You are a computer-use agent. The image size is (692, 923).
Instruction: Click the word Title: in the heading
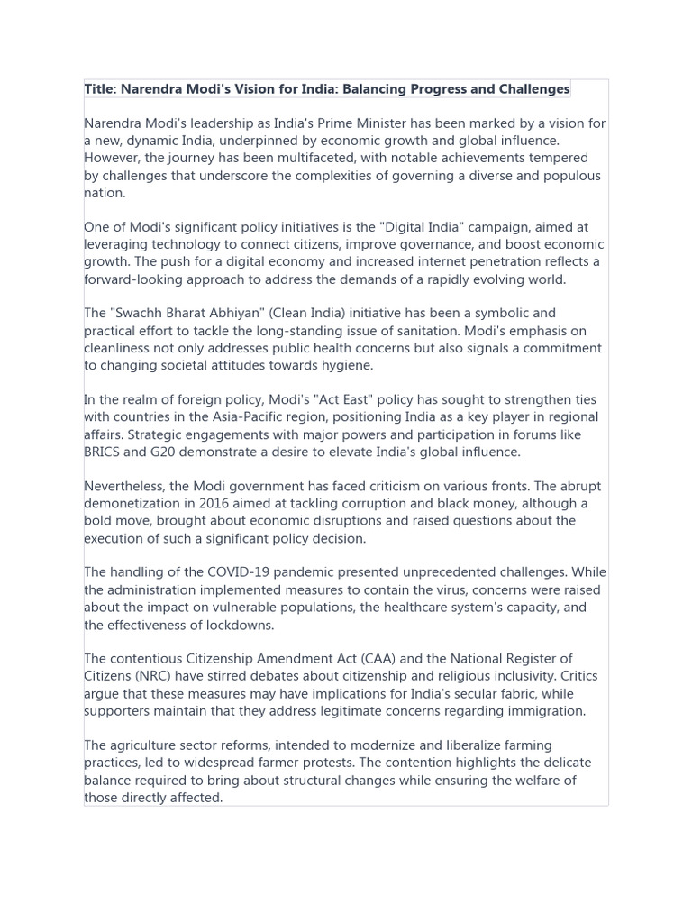(101, 89)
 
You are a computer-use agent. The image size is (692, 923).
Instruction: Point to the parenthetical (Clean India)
(285, 314)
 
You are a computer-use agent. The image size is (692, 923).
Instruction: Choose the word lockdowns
(240, 625)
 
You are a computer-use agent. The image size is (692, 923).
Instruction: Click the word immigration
(542, 711)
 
